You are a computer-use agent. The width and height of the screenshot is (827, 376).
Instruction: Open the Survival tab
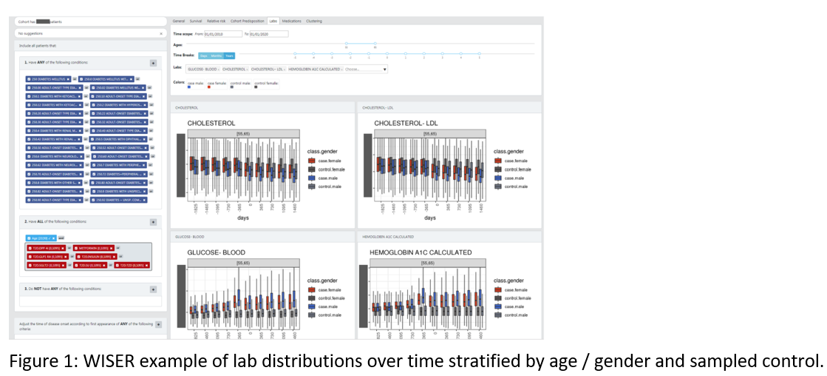point(195,21)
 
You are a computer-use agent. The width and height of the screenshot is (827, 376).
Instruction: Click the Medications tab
point(291,21)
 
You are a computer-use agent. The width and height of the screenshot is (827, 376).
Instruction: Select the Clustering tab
point(313,21)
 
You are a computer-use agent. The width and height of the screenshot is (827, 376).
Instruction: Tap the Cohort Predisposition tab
point(248,21)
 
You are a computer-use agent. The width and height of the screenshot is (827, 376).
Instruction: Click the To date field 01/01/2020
point(269,34)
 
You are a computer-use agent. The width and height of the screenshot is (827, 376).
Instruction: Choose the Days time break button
point(204,56)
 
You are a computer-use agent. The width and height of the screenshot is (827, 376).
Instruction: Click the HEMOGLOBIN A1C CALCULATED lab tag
point(313,69)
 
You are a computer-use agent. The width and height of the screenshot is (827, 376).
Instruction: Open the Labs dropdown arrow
point(385,69)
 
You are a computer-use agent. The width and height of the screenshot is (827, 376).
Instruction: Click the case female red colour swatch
point(210,87)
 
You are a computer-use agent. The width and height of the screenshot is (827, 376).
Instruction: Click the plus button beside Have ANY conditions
point(153,64)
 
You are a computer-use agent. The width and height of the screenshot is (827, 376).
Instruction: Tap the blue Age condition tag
point(41,238)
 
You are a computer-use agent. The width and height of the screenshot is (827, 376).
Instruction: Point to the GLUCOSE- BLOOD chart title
point(216,252)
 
